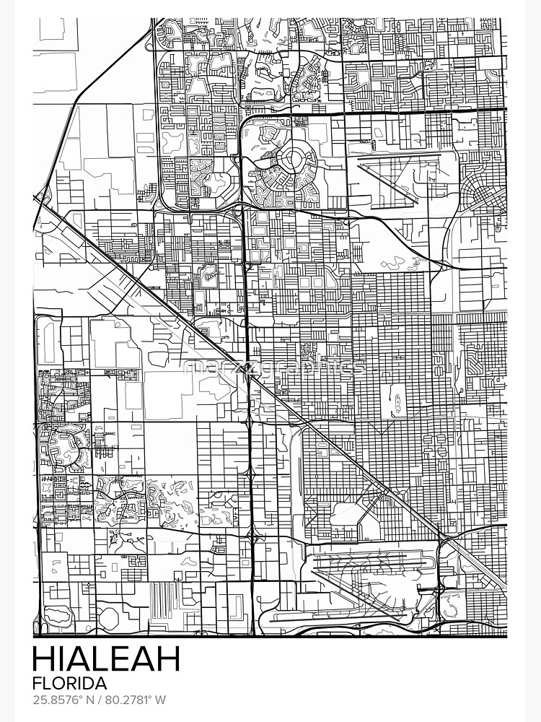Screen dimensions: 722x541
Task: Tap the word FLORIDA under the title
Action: point(70,682)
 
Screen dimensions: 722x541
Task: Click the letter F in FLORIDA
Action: point(38,682)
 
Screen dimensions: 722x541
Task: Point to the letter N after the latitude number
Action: point(93,700)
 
